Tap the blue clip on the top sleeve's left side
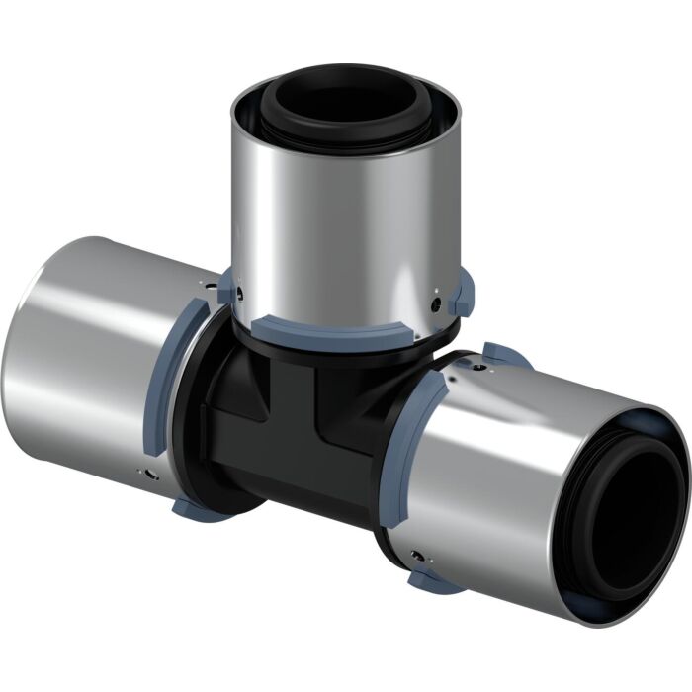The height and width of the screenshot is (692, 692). click(x=227, y=288)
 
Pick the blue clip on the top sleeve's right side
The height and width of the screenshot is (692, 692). click(x=464, y=295)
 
